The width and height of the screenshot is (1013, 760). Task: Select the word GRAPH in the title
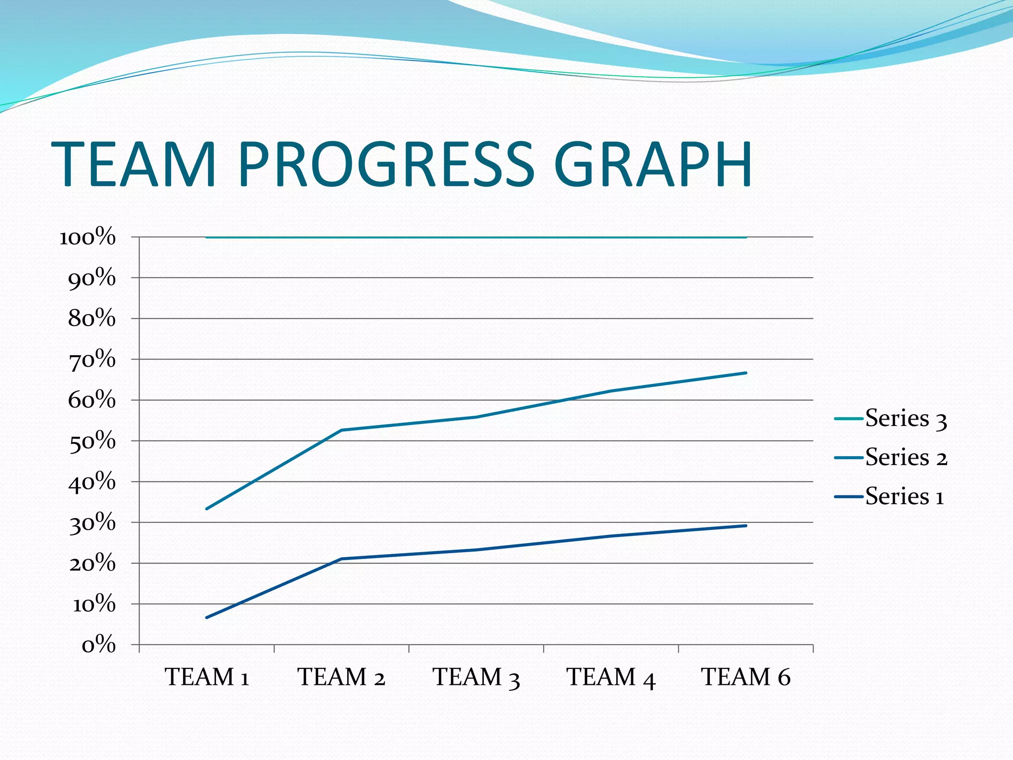(x=653, y=165)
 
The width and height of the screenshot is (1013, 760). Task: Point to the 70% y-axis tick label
(x=92, y=360)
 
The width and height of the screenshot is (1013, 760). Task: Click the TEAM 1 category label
(x=207, y=677)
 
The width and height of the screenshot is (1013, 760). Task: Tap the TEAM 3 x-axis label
(x=476, y=677)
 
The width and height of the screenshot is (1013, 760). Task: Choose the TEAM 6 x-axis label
(x=746, y=677)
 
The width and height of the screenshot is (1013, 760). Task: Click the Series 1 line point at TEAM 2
(x=341, y=559)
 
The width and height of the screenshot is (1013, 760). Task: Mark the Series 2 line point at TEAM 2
(x=341, y=430)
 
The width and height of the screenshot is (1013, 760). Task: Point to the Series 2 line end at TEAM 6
(x=745, y=373)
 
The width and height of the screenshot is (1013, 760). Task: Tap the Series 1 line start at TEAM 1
(x=207, y=617)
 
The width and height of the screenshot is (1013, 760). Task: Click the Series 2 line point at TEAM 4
(x=611, y=391)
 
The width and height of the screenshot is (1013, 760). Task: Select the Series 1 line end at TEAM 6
(x=745, y=526)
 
